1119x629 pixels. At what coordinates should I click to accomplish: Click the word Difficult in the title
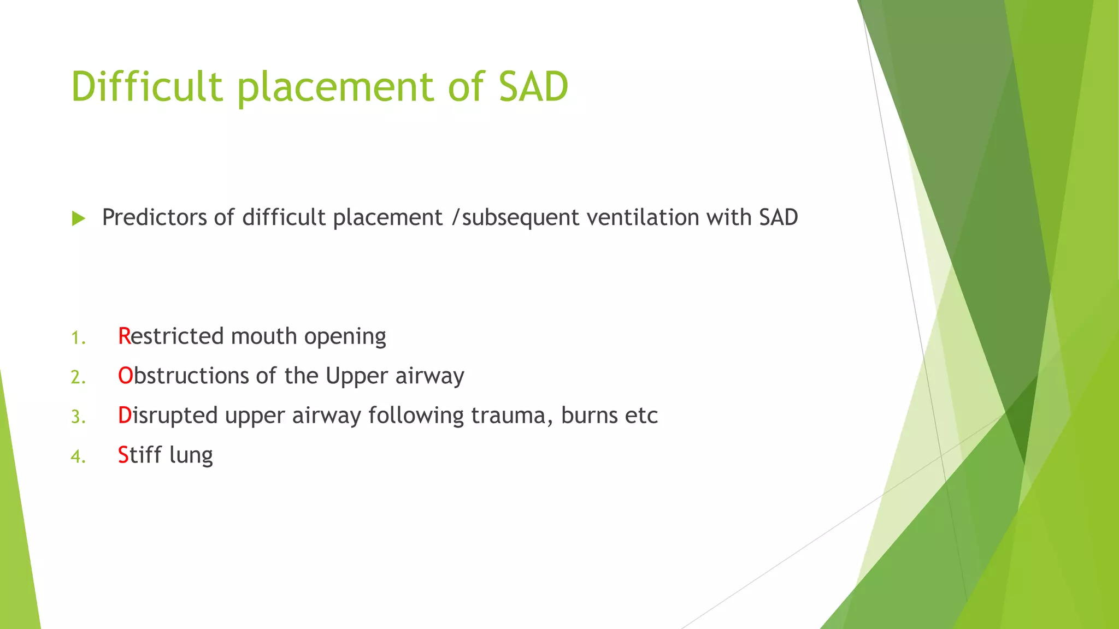click(x=147, y=87)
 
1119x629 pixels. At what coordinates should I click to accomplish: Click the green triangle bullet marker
click(x=79, y=219)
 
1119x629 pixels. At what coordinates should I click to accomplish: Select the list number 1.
click(x=78, y=338)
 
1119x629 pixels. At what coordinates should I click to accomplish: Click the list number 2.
click(x=78, y=377)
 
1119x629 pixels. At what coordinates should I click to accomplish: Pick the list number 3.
click(x=78, y=417)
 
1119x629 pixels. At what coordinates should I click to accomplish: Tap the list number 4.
click(x=78, y=456)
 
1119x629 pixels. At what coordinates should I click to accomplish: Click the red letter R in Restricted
click(x=124, y=336)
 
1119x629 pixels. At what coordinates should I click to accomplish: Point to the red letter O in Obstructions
click(x=125, y=376)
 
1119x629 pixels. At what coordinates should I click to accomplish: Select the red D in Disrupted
click(x=124, y=416)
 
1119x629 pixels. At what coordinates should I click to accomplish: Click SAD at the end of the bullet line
click(x=778, y=217)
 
